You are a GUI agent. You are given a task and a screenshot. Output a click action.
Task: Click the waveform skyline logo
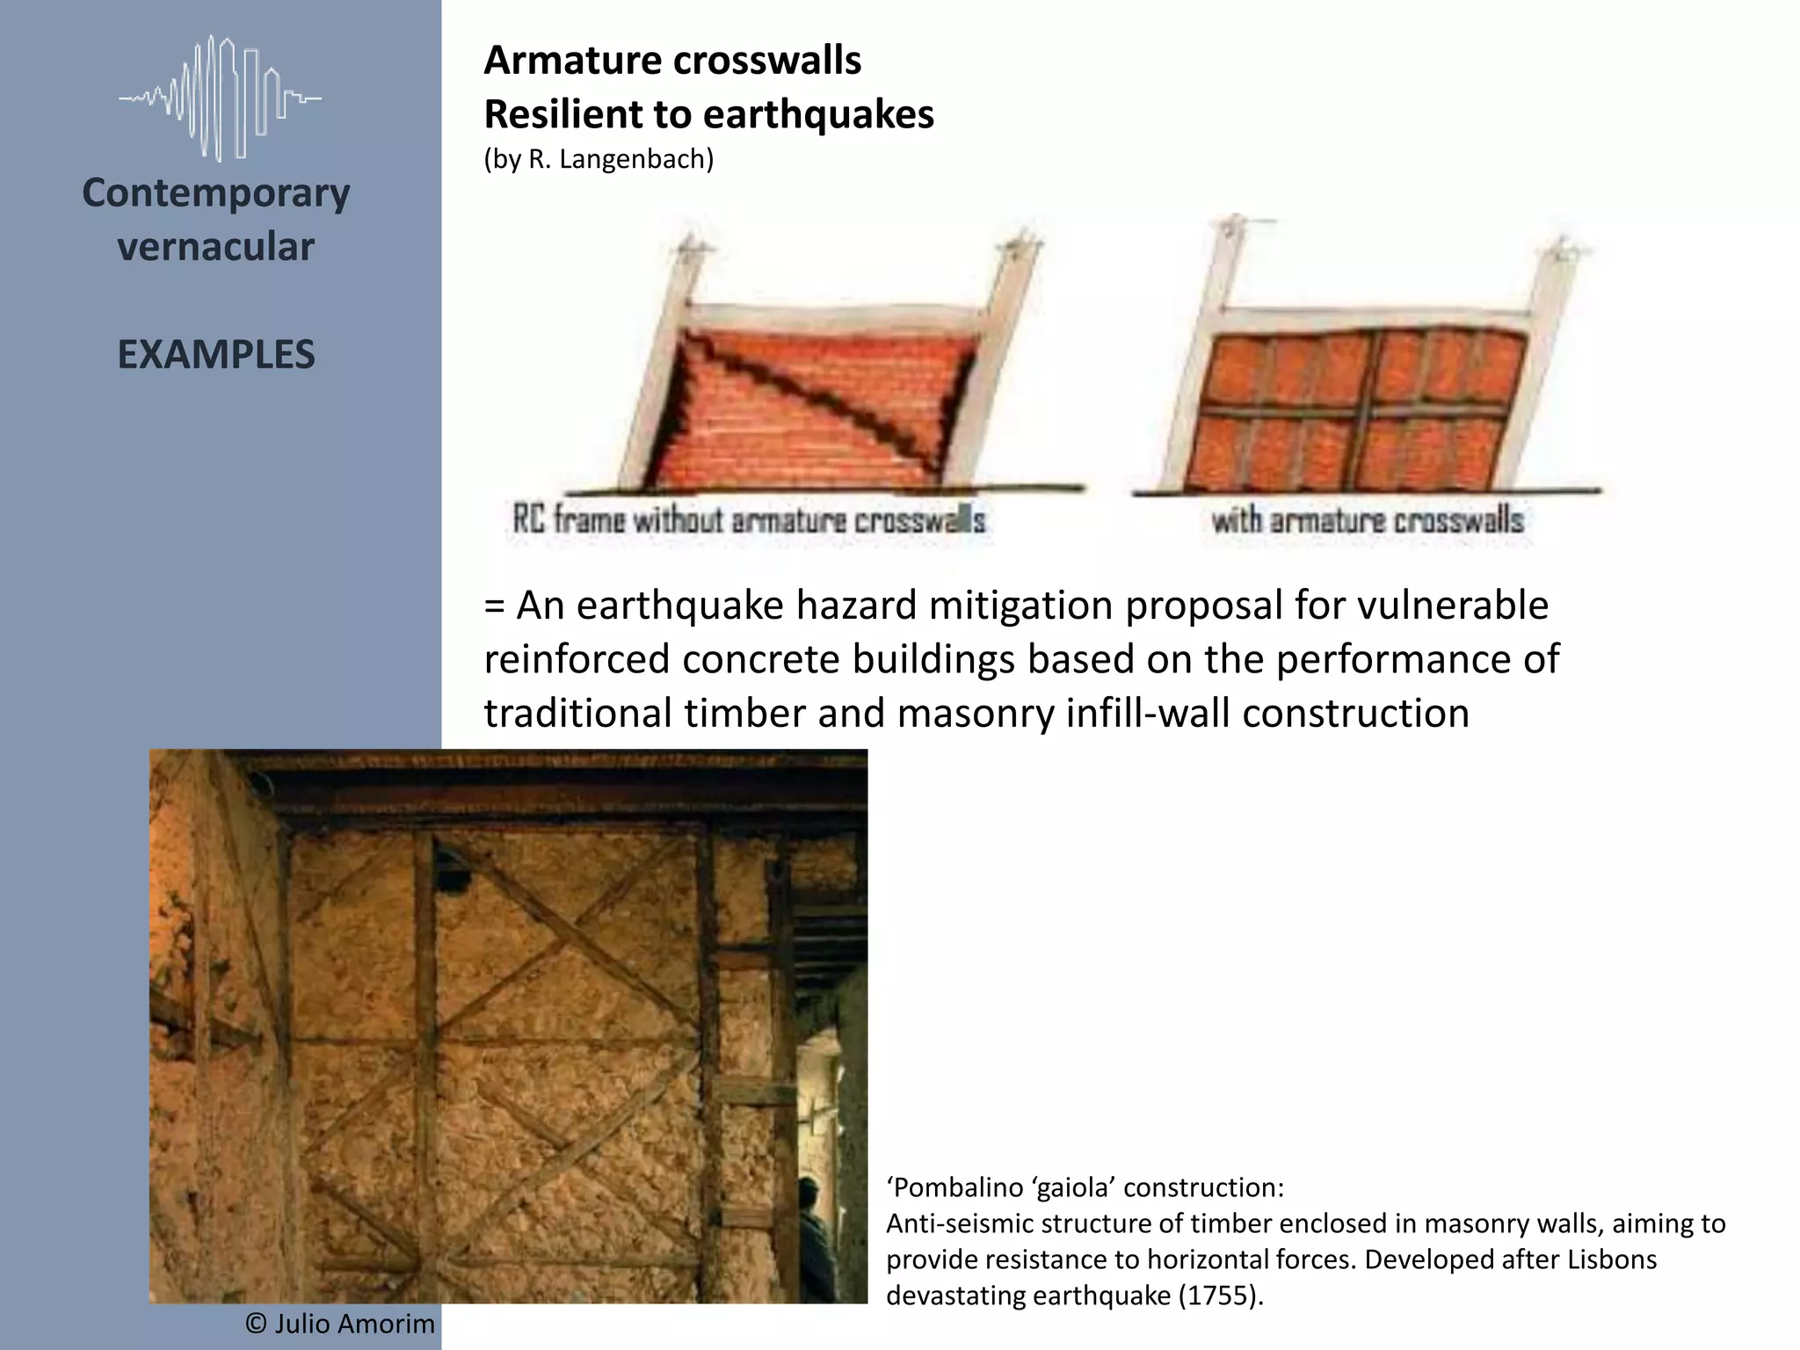coord(220,98)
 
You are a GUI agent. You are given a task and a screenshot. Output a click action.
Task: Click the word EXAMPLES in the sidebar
coord(216,354)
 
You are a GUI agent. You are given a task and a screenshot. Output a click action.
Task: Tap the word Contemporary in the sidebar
coord(216,192)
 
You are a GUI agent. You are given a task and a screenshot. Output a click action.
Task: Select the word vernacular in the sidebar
coord(216,247)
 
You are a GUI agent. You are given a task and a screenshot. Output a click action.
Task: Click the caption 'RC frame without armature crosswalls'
coord(748,519)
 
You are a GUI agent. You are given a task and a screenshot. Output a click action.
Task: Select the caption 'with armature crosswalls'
coord(1367,519)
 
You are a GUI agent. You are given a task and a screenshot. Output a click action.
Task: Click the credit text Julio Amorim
coord(354,1324)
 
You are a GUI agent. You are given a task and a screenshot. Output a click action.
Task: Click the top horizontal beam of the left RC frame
coord(835,315)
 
